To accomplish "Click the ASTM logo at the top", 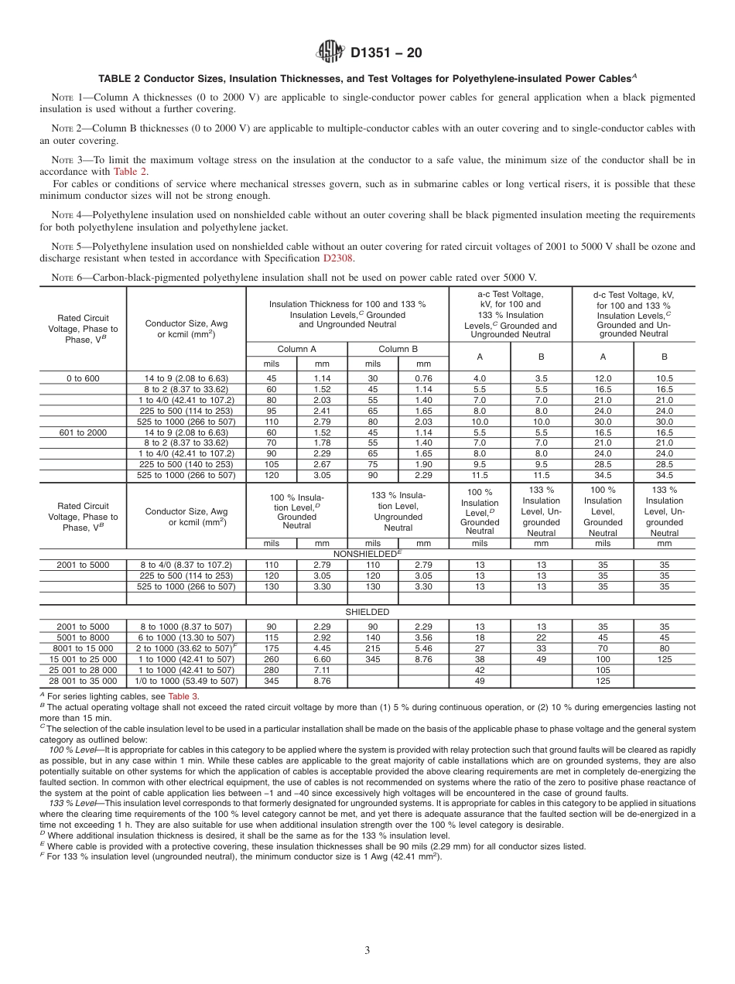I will tap(330, 53).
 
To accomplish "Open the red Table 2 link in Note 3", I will tap(130, 172).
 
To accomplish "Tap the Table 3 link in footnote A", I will tap(185, 696).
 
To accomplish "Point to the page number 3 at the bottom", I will tap(367, 951).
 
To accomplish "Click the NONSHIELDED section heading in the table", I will tap(368, 554).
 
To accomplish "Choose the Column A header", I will tap(296, 349).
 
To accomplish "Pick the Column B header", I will tap(398, 349).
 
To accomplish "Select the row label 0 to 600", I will tap(84, 378).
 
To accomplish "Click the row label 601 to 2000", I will tap(84, 432).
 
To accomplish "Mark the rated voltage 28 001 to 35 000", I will tap(84, 681).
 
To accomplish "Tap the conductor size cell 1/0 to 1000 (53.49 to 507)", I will tap(186, 681).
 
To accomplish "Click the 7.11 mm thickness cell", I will tap(322, 670).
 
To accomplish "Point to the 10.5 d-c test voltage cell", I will tap(664, 378).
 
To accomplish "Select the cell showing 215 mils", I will tap(373, 648).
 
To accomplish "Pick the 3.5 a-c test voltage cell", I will tap(541, 378).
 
